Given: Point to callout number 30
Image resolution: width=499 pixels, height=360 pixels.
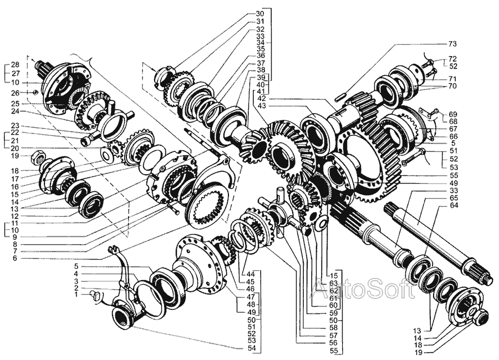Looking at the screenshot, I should point(259,13).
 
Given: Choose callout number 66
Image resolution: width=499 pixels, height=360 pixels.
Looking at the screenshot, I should point(453,136).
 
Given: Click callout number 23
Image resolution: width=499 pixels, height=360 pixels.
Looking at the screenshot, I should point(15,125).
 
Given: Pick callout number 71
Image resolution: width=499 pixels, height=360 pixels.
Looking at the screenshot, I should point(453,79).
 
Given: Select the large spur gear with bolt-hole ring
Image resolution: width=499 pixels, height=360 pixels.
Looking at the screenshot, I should point(383,161).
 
